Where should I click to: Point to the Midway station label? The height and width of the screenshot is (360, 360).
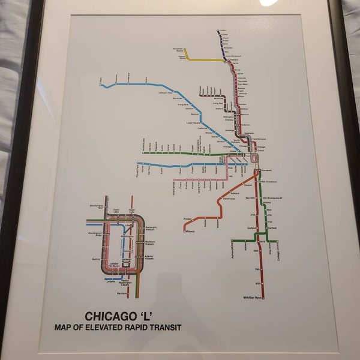[190, 231]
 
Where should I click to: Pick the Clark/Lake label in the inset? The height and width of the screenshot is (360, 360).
[116, 211]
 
